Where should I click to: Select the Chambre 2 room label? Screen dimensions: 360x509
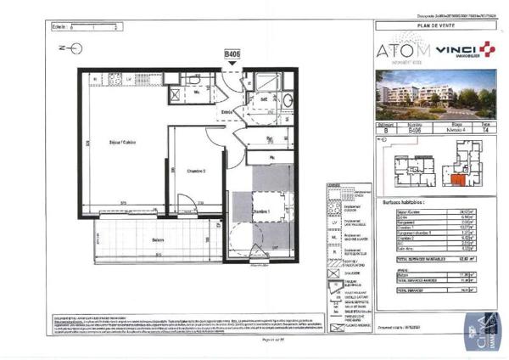pyautogui.click(x=198, y=171)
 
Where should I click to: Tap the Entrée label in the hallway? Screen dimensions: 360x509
pyautogui.click(x=227, y=112)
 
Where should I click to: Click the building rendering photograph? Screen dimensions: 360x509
pyautogui.click(x=437, y=93)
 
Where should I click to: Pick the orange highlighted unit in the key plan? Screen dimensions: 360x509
pyautogui.click(x=458, y=179)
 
